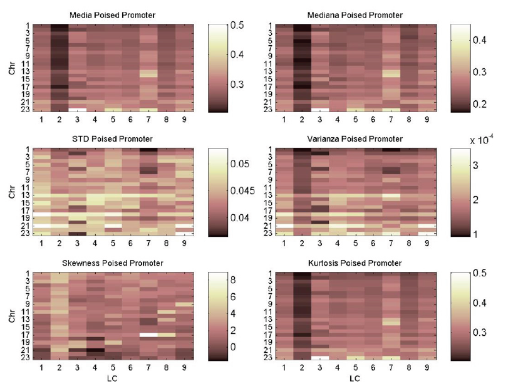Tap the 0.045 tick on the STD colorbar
point(241,191)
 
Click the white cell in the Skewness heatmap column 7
point(148,335)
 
